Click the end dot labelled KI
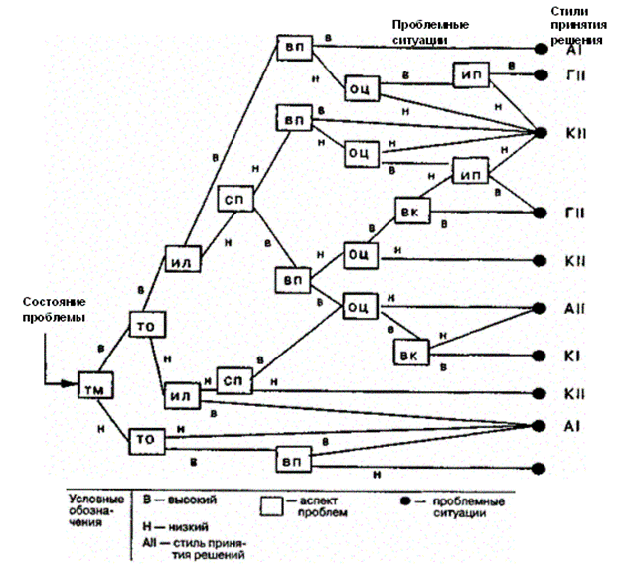point(541,354)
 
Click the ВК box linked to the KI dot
point(409,354)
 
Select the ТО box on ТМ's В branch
point(144,326)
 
